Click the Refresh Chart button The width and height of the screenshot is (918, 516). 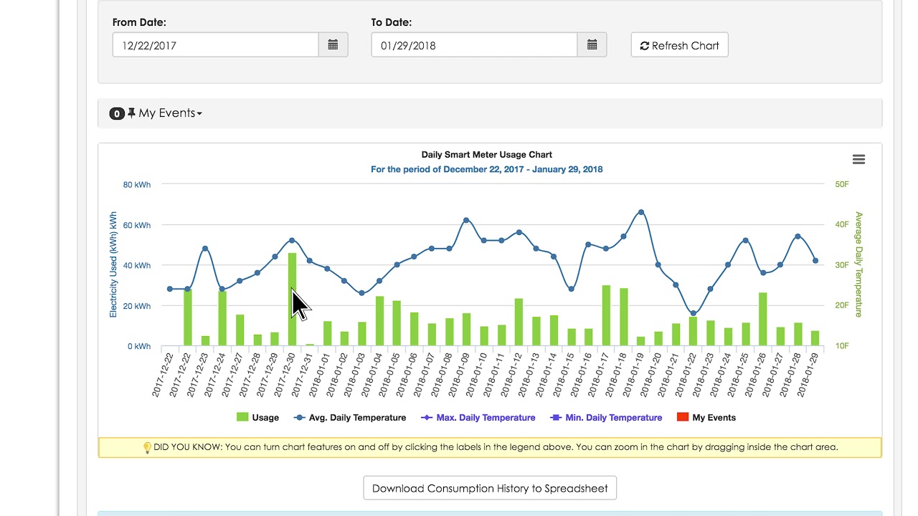[679, 45]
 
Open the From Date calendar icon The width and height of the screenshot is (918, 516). [333, 45]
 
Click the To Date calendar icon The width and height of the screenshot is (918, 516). [592, 45]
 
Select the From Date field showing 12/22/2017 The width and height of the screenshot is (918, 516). [216, 45]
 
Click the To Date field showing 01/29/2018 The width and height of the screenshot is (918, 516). [474, 45]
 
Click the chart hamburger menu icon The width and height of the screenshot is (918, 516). [858, 159]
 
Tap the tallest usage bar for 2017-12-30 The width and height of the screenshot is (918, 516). [292, 299]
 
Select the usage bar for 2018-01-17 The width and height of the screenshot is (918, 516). [606, 315]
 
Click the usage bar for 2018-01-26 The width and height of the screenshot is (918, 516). [762, 319]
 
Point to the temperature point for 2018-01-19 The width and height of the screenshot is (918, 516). [641, 212]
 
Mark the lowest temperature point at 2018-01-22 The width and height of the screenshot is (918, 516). [694, 313]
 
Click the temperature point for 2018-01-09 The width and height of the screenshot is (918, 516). [466, 220]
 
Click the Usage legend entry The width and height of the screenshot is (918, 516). [257, 417]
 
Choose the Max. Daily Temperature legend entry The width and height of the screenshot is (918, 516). [478, 417]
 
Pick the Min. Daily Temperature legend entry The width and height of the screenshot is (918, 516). [606, 417]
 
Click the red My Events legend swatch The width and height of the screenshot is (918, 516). [683, 417]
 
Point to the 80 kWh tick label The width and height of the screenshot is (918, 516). [136, 185]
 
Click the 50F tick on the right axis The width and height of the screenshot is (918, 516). [842, 184]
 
